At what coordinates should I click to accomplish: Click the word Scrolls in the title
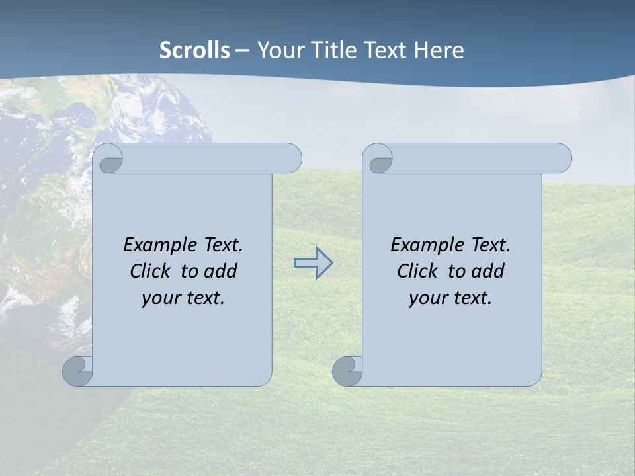[x=194, y=50]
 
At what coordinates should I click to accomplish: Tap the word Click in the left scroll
[x=152, y=271]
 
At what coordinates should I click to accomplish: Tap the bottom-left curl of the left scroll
[x=77, y=371]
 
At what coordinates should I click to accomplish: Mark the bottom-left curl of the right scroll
[x=347, y=371]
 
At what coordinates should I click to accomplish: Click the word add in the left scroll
[x=221, y=271]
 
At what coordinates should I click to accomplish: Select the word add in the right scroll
[x=488, y=271]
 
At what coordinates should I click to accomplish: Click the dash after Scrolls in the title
[x=242, y=50]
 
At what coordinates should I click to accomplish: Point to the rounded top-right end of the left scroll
[x=291, y=159]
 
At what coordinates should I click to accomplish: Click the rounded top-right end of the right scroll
[x=561, y=159]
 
